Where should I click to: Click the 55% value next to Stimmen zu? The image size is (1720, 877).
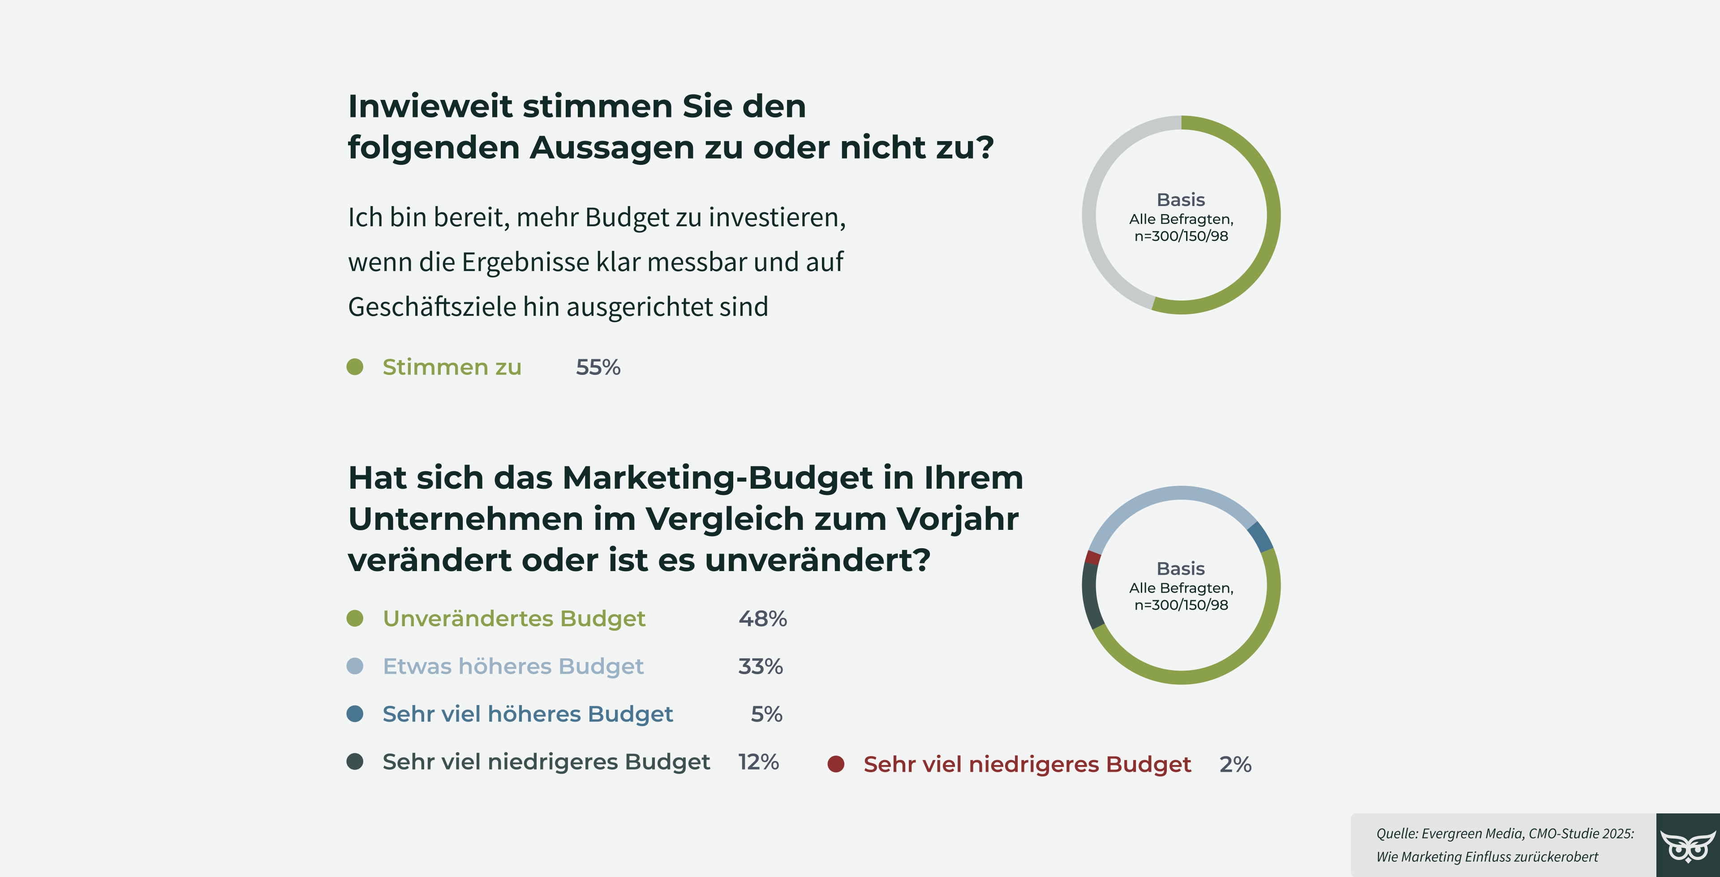click(598, 367)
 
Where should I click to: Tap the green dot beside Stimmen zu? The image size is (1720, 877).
click(355, 367)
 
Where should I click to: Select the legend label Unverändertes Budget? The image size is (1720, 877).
click(513, 619)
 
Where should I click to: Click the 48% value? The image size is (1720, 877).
click(762, 619)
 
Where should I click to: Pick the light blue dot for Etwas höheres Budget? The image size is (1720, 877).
click(355, 666)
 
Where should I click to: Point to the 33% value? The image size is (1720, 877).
click(760, 666)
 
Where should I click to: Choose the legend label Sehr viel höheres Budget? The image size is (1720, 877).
click(528, 714)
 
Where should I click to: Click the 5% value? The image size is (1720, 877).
click(766, 714)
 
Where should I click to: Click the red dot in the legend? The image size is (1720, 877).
click(835, 764)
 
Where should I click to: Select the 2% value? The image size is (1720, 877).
click(1234, 764)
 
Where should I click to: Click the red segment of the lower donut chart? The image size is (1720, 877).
click(1092, 557)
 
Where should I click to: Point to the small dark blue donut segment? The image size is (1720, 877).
click(1260, 536)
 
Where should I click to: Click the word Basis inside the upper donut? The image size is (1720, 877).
click(1181, 200)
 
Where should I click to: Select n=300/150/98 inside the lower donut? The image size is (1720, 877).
click(1181, 605)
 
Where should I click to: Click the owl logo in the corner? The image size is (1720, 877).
click(1687, 846)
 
